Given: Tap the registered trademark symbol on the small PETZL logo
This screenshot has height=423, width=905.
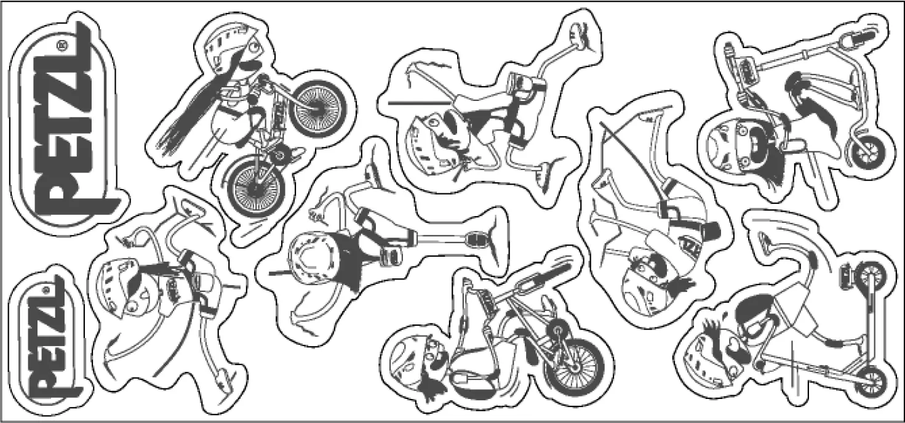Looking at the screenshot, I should (x=44, y=289).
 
